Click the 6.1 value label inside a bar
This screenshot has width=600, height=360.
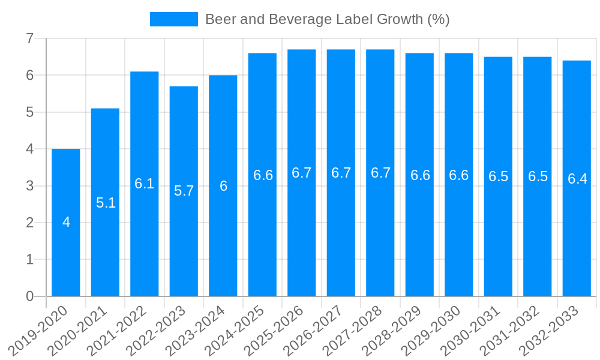pos(145,184)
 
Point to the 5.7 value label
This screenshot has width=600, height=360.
pos(184,191)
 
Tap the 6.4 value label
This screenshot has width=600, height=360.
pos(577,179)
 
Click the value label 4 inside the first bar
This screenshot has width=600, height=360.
pos(66,222)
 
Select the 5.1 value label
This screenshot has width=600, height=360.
pos(106,203)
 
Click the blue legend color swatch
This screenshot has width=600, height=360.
pos(173,19)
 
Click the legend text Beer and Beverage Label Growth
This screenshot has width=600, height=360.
pos(327,19)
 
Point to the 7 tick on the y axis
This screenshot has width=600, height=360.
pos(29,39)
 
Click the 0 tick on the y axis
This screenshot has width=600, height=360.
pos(29,296)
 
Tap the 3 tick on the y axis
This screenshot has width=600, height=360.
pos(29,186)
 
